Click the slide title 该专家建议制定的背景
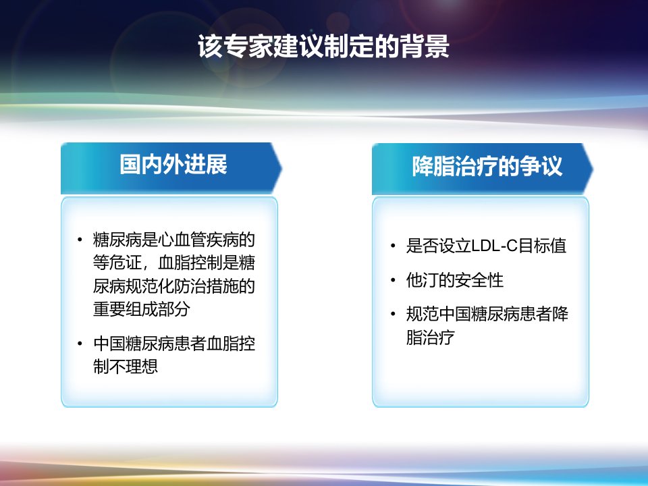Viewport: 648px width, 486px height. click(323, 46)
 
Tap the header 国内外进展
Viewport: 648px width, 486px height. click(173, 165)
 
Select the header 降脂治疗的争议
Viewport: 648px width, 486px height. click(487, 166)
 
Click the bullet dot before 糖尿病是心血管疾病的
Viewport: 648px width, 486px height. click(80, 239)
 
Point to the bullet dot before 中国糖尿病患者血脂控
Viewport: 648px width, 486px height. click(80, 344)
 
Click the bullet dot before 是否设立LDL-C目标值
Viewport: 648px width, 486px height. click(393, 246)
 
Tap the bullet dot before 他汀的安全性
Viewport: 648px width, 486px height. click(393, 280)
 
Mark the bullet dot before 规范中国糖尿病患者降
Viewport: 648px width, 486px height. click(393, 314)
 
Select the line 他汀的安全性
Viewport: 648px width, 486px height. click(454, 280)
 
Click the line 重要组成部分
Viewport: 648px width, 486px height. click(141, 308)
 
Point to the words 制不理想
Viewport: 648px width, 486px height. click(126, 366)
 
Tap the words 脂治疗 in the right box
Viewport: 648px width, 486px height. click(430, 337)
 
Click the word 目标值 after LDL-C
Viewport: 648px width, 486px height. click(542, 246)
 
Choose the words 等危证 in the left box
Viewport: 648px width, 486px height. click(117, 263)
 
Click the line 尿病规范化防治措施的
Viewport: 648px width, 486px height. click(174, 286)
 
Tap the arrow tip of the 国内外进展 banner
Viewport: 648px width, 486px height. click(281, 168)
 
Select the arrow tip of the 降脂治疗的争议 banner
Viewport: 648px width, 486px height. click(593, 169)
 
